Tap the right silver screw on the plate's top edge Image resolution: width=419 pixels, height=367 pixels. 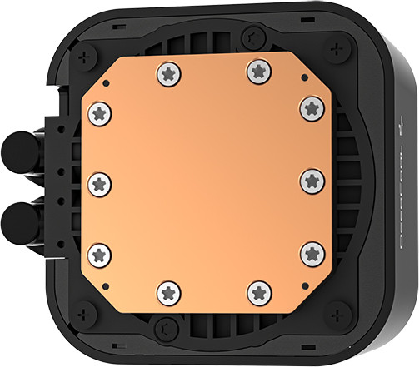[x=257, y=72]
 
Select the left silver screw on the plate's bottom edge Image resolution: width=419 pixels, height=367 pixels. [x=169, y=292]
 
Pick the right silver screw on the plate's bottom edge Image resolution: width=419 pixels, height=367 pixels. [x=259, y=290]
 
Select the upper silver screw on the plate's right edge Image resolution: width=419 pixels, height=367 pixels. [x=312, y=107]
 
